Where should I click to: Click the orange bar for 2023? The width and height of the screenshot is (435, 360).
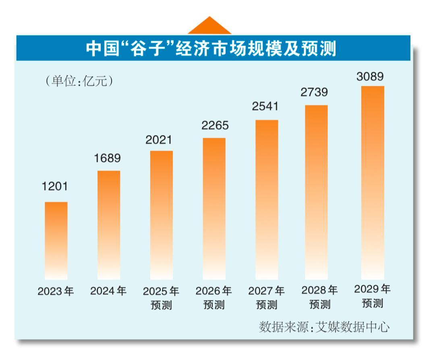56,240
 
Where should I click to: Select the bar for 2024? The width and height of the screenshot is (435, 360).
108,225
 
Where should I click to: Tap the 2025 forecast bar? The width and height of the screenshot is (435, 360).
161,215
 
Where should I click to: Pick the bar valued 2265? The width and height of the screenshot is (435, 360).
214,208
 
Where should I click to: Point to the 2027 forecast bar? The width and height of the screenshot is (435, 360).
266,200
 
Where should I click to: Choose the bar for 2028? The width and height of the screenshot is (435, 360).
316,192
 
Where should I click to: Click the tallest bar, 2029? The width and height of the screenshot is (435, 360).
373,182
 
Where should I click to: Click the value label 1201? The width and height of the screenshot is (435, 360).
56,187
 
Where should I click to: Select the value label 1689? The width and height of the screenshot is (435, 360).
108,159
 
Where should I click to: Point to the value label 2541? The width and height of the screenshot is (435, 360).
266,108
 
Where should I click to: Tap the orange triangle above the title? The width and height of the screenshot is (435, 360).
209,26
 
